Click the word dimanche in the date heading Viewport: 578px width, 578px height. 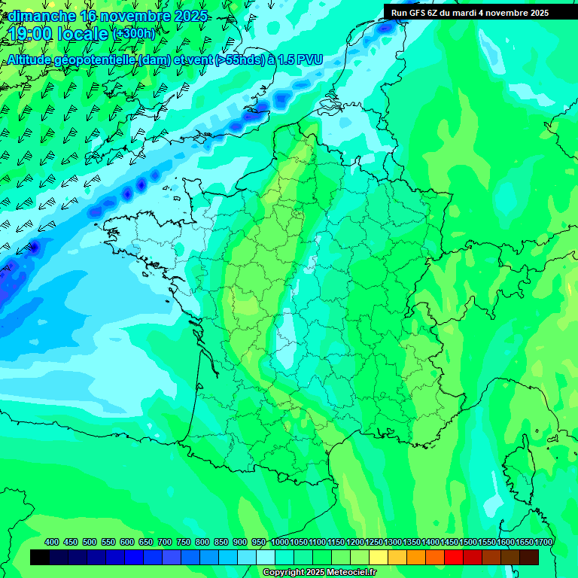coord(42,16)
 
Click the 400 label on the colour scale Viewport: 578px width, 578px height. coord(52,542)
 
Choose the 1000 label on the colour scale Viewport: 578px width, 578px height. coord(280,542)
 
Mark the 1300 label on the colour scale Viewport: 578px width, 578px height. coord(394,542)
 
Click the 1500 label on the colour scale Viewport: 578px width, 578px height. coord(469,542)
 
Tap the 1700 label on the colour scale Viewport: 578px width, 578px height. coord(543,542)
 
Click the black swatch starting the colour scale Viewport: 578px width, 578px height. coord(40,557)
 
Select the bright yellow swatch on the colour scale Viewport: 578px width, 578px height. coord(379,557)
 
